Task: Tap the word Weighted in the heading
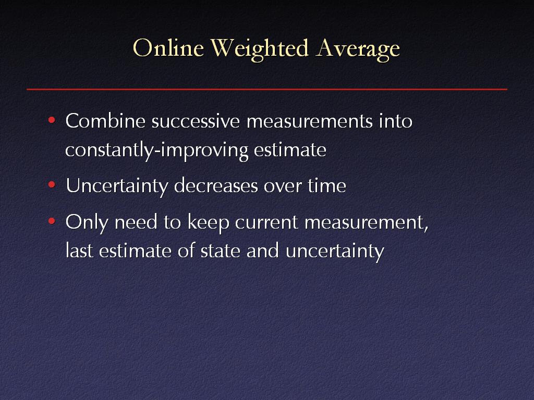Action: coord(260,49)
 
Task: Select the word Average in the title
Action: coord(358,49)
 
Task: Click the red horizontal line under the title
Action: coord(267,89)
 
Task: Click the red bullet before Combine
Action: coord(52,120)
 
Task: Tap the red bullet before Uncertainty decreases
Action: coord(52,185)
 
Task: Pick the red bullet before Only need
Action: coord(52,221)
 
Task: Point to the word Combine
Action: coord(105,120)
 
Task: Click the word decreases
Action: coord(216,186)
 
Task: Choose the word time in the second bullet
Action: coord(327,186)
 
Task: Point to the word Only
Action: coord(87,223)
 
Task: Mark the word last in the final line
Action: coord(79,251)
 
